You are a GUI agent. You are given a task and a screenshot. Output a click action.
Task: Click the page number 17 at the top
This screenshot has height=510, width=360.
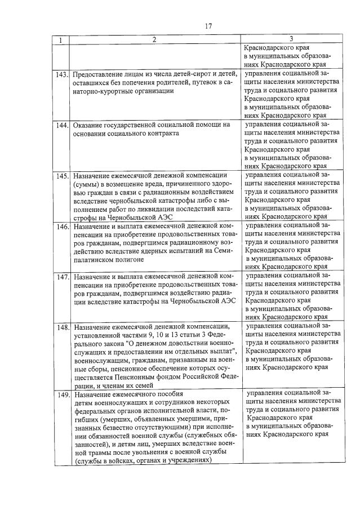pos(208,25)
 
